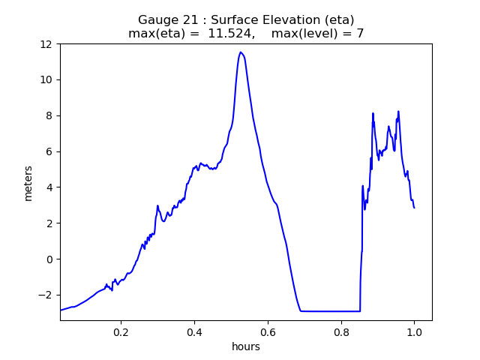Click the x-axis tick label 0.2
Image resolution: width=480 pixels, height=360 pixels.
[121, 331]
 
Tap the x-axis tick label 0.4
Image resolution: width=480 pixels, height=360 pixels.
[194, 331]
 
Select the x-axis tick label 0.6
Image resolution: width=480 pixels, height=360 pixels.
[268, 331]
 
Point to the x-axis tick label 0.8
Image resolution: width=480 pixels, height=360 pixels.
[341, 331]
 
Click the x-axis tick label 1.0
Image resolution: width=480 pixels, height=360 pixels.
[414, 331]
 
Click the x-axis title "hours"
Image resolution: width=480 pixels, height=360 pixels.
[246, 346]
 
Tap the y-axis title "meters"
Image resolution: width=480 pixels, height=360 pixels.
[28, 182]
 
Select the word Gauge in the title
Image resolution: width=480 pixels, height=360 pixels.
[157, 20]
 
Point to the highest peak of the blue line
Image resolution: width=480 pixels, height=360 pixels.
[241, 52]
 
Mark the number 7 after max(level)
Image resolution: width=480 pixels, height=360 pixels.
[360, 34]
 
